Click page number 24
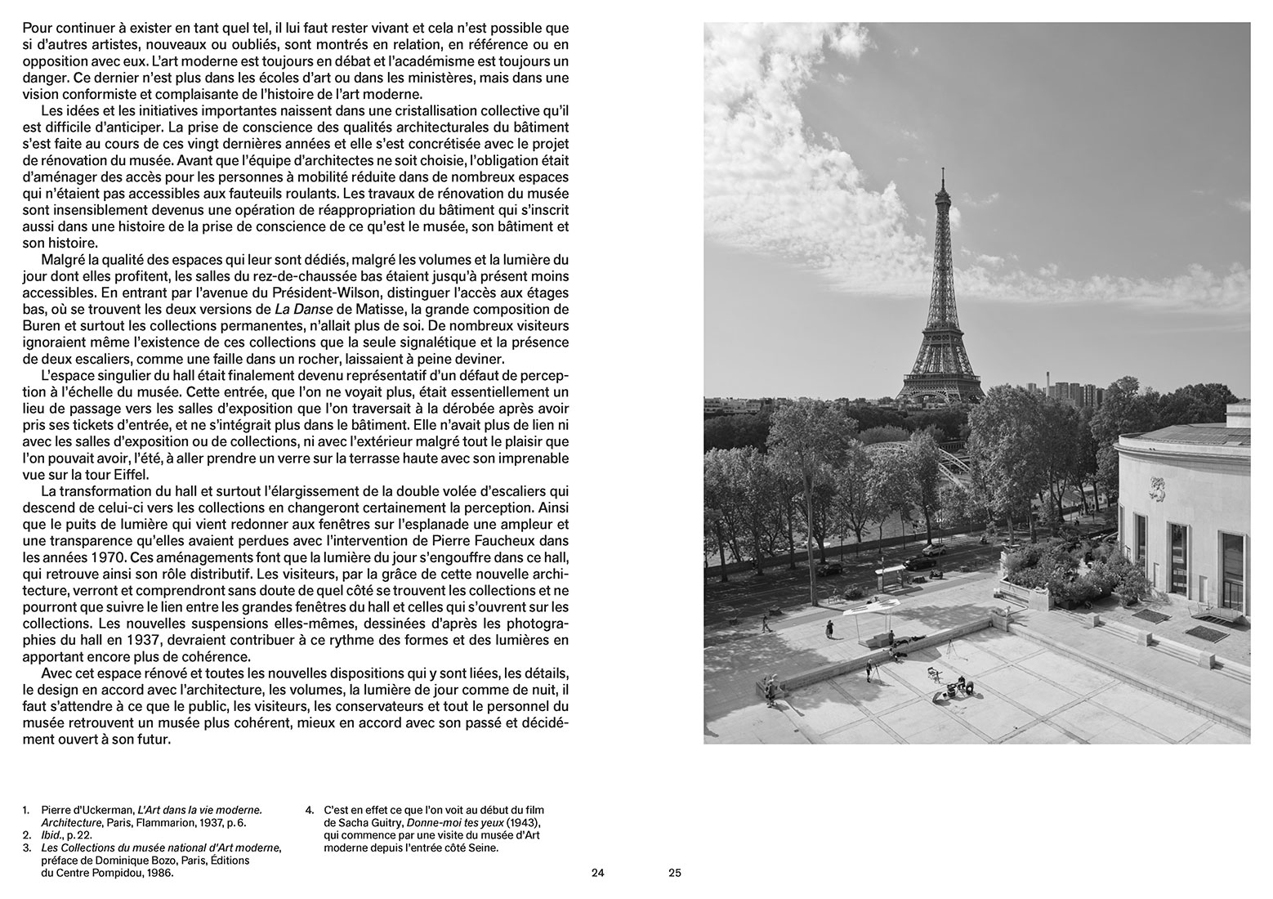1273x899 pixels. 597,873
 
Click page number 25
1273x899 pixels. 674,873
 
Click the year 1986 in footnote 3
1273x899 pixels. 159,873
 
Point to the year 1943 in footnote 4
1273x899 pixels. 520,822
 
